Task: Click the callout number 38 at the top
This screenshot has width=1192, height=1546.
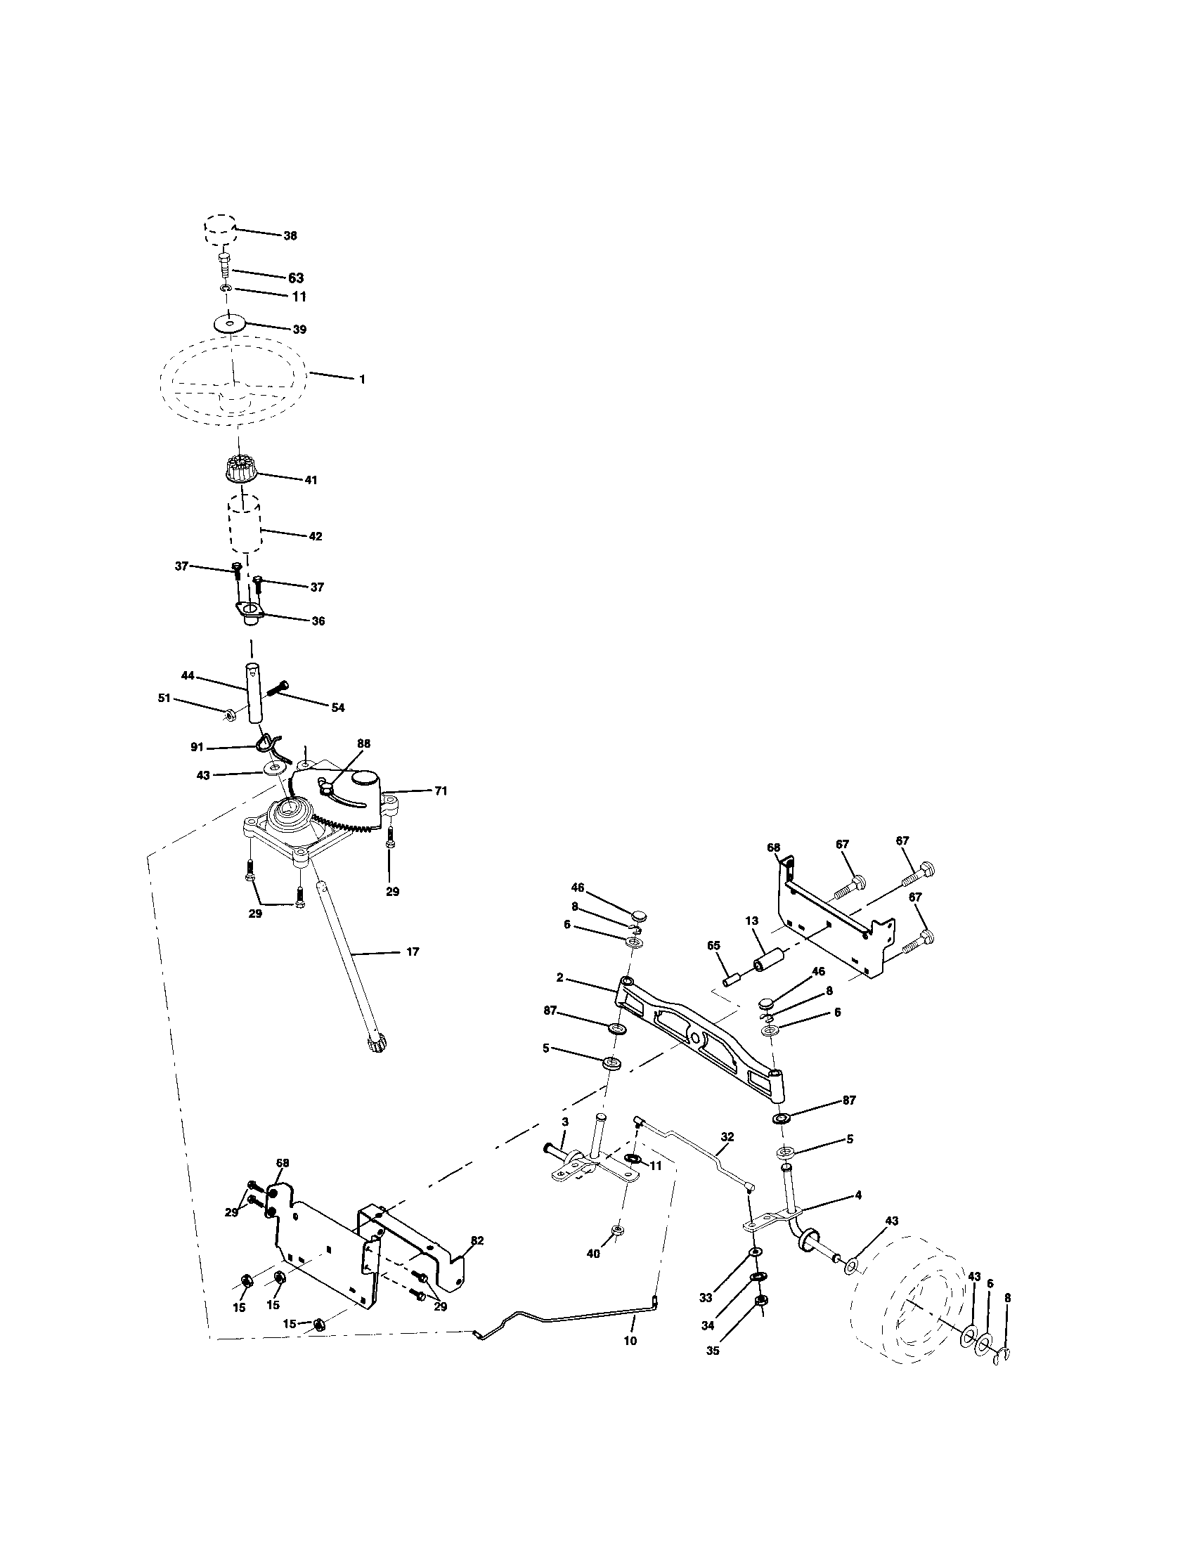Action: pyautogui.click(x=290, y=235)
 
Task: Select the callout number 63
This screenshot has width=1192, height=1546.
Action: pyautogui.click(x=295, y=278)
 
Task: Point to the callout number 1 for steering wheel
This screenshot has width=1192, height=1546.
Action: pyautogui.click(x=363, y=380)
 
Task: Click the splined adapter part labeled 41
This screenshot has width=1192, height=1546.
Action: pyautogui.click(x=240, y=469)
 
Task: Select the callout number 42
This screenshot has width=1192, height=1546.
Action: pyautogui.click(x=316, y=537)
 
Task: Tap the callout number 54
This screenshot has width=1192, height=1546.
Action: pyautogui.click(x=338, y=707)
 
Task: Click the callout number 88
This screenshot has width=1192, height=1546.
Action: pyautogui.click(x=364, y=743)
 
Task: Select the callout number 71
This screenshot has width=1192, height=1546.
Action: pyautogui.click(x=440, y=791)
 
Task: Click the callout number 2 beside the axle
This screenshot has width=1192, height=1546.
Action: pyautogui.click(x=560, y=977)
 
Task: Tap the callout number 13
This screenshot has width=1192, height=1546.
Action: pyautogui.click(x=751, y=921)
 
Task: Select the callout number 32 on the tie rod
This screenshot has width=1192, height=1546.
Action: pyautogui.click(x=727, y=1137)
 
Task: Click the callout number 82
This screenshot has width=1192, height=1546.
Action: pyautogui.click(x=477, y=1241)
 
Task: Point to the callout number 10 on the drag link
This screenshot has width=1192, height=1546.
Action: pyautogui.click(x=630, y=1341)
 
